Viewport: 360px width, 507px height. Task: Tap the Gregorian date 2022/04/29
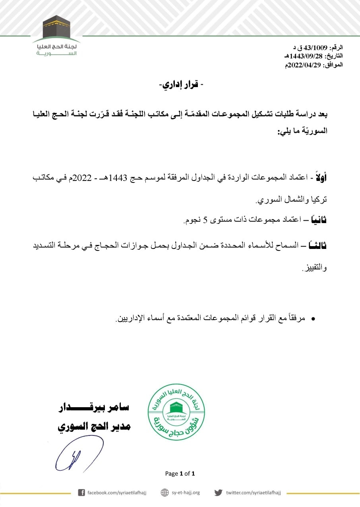[304, 64]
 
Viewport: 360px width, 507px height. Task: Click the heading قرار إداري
[180, 85]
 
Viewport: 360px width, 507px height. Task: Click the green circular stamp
[176, 412]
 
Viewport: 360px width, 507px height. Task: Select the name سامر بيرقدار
[94, 407]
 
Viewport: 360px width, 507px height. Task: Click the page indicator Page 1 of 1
[180, 473]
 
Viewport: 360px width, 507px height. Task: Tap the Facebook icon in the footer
[81, 493]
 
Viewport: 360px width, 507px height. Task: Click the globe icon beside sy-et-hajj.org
[165, 493]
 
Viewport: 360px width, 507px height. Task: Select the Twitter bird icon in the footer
[218, 493]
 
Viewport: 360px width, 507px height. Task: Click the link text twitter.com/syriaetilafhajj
[253, 493]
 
